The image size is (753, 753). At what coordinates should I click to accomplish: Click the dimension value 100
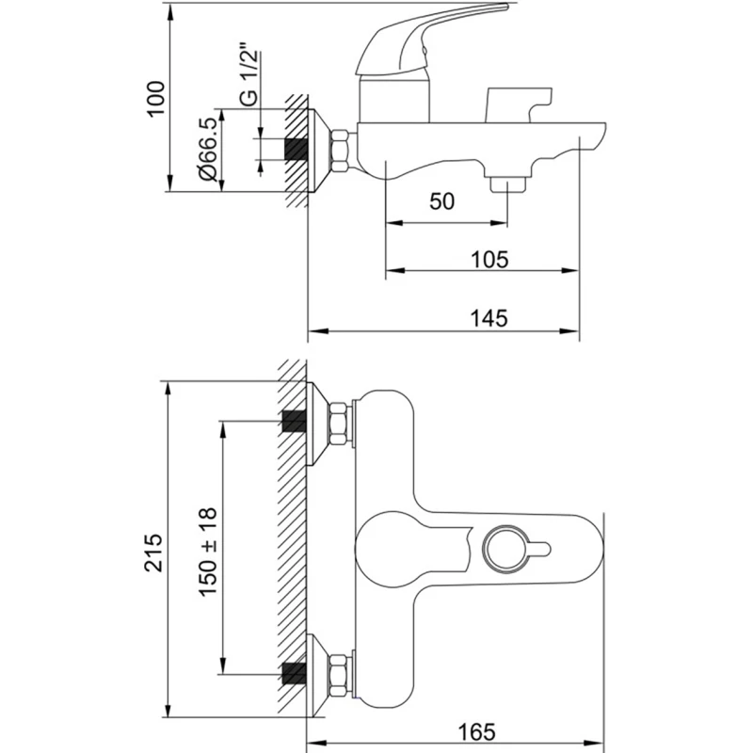click(156, 98)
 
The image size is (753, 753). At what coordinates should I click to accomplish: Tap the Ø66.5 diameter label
click(208, 148)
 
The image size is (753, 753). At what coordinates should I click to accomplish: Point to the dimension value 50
click(442, 201)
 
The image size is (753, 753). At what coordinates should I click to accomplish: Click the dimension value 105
click(489, 257)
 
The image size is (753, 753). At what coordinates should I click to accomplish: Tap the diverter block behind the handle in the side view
click(515, 104)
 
